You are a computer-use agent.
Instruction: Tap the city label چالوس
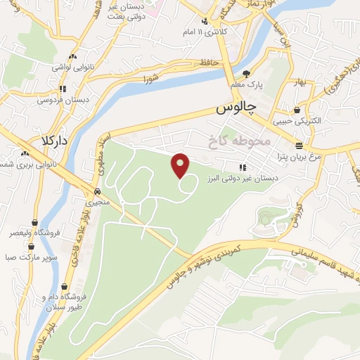pyautogui.click(x=234, y=109)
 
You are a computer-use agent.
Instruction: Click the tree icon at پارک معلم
pyautogui.click(x=245, y=73)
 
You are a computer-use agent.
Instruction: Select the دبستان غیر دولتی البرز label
pyautogui.click(x=243, y=179)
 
